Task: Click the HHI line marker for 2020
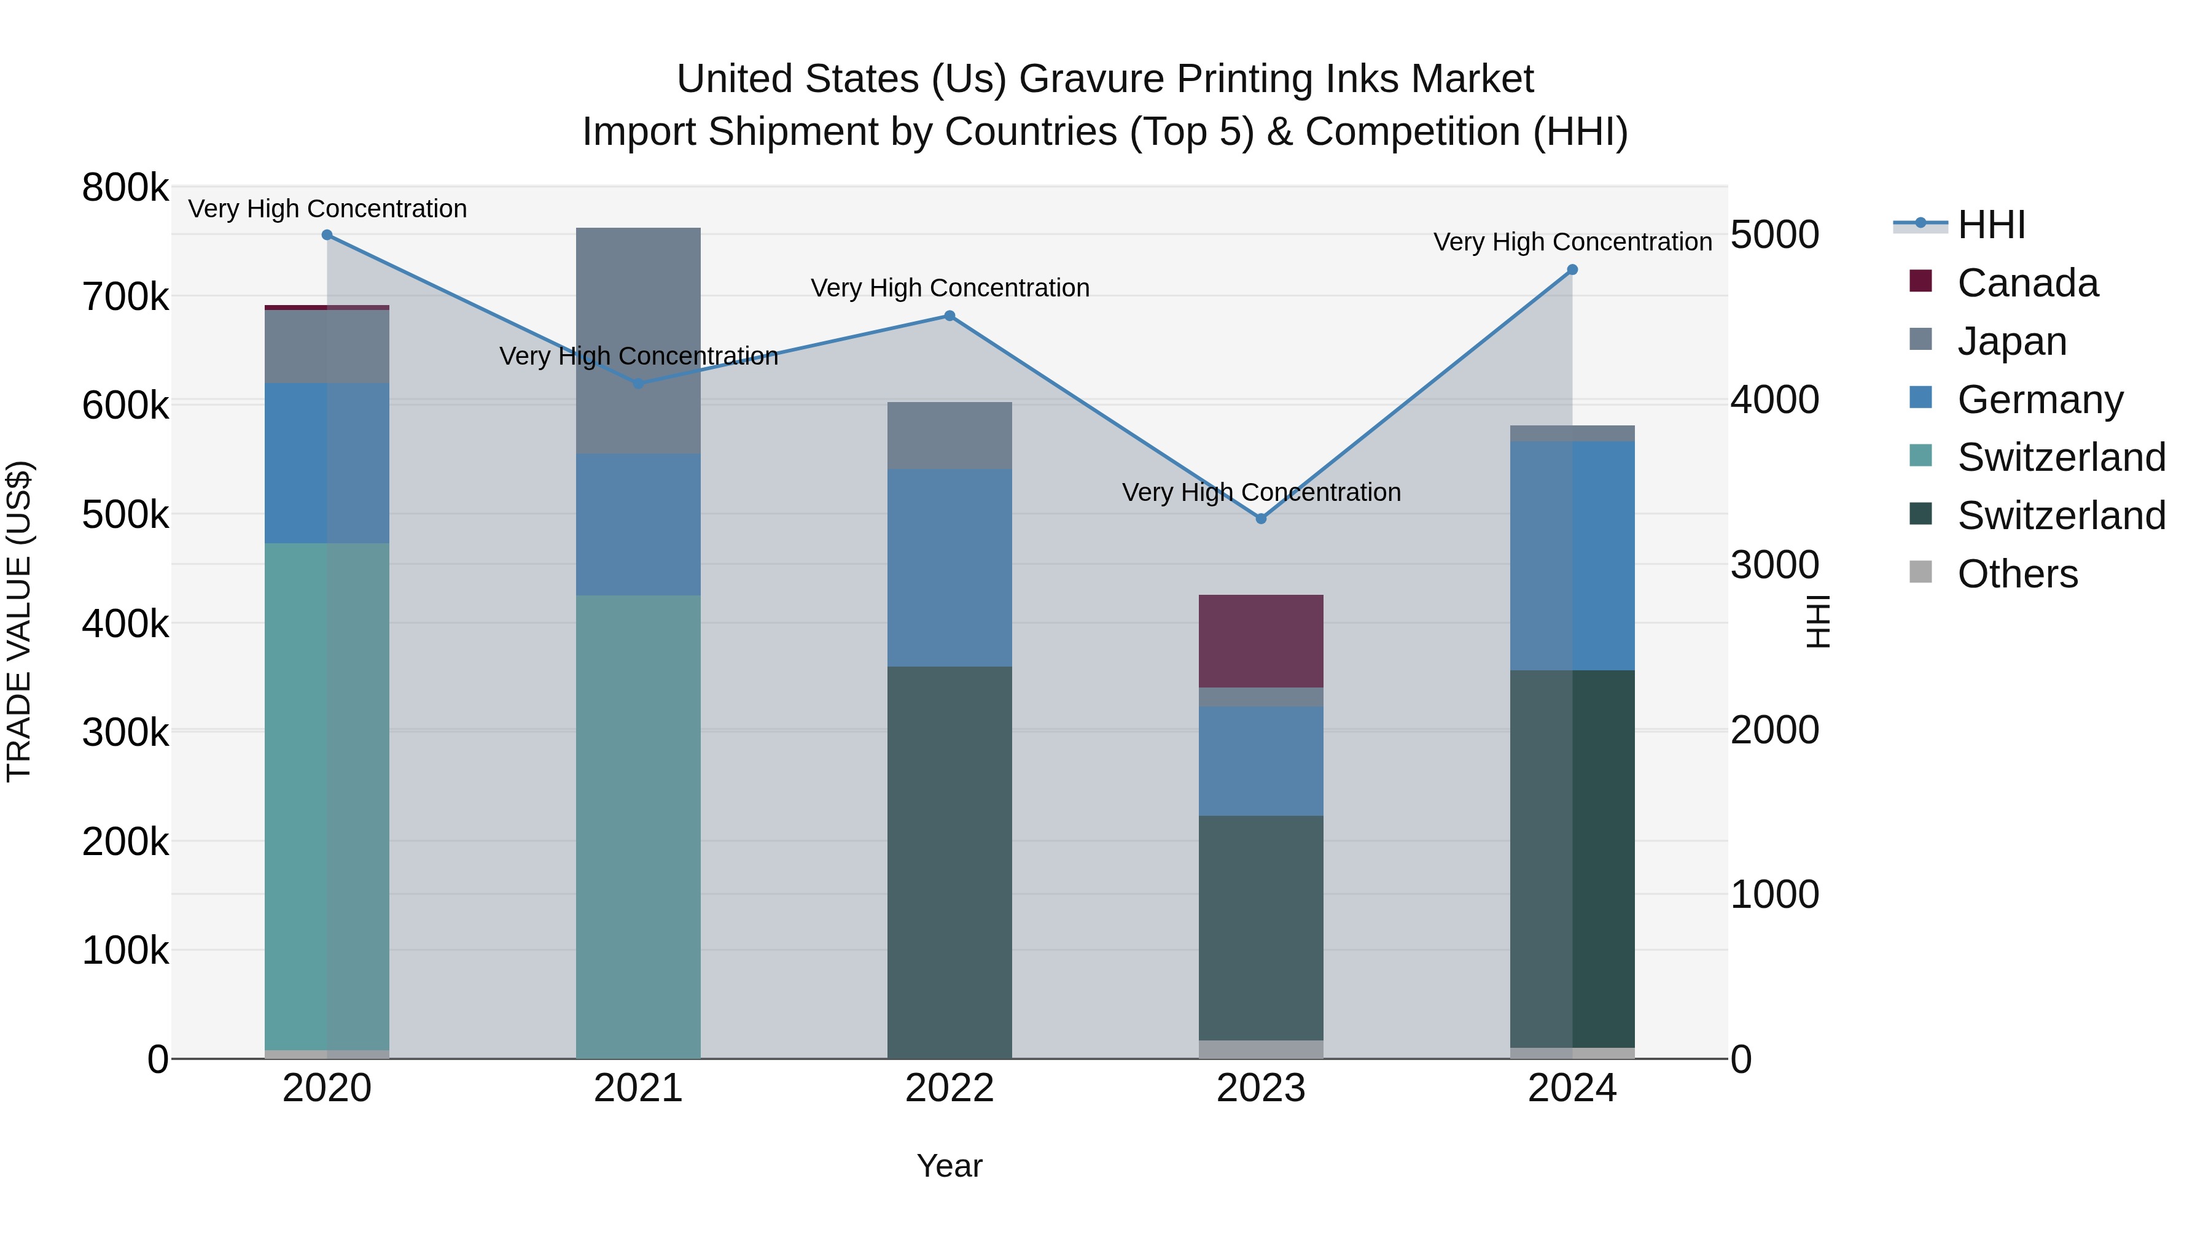coord(327,235)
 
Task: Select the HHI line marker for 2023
coord(1261,519)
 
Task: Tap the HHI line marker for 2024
coord(1572,270)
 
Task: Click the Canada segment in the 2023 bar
coord(1261,641)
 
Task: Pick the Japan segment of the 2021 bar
coord(638,341)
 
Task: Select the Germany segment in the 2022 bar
coord(950,568)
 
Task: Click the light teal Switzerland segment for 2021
coord(638,827)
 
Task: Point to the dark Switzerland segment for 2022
coord(950,862)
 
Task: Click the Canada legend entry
coord(2027,283)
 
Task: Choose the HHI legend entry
coord(1991,225)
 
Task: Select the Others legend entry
coord(2017,574)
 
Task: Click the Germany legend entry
coord(2039,400)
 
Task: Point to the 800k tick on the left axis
coord(125,188)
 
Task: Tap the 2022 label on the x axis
coord(950,1088)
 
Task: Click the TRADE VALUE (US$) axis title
coord(20,621)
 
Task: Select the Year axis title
coord(950,1166)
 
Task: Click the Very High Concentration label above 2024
coord(1572,242)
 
